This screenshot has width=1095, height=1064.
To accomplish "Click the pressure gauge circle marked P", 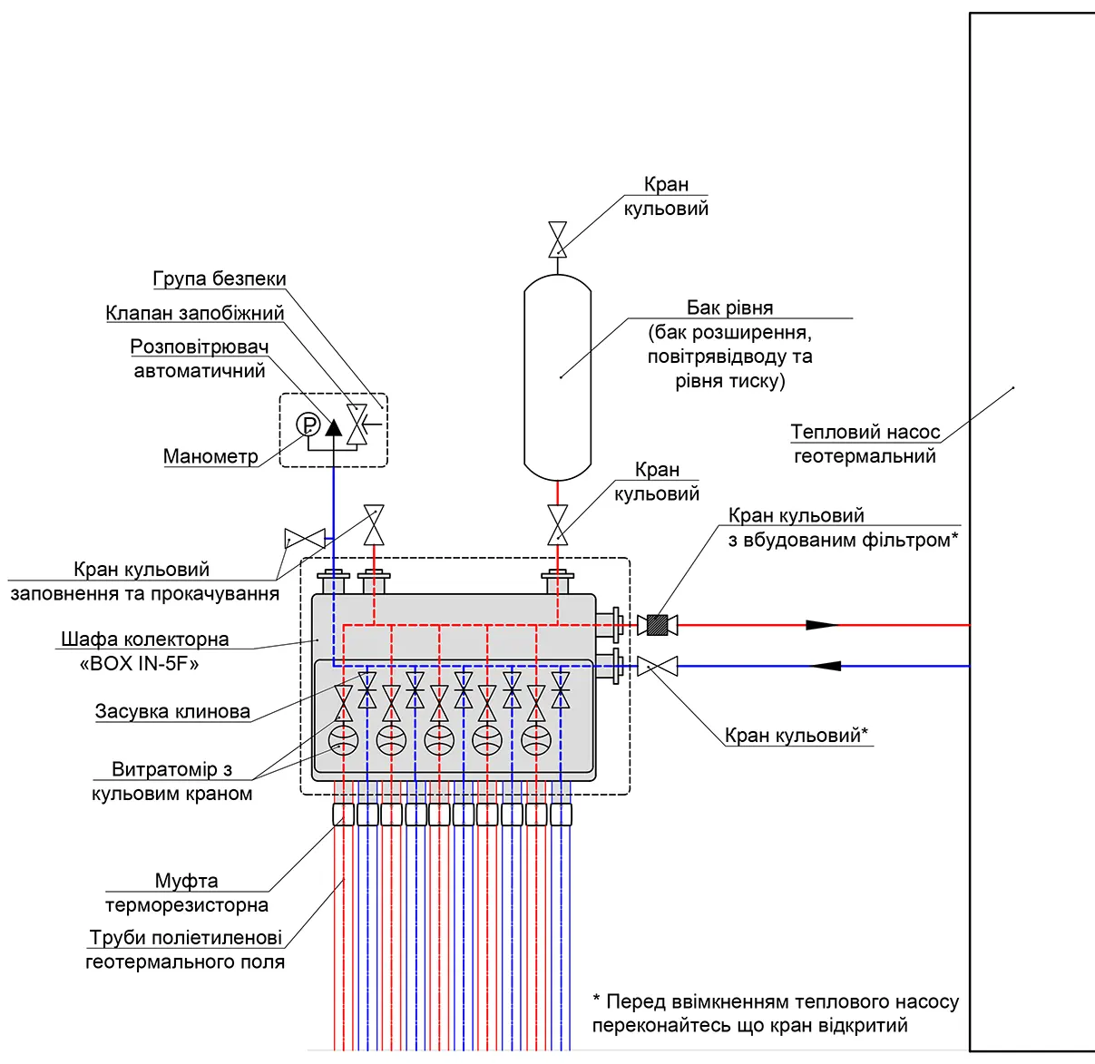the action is [x=308, y=425].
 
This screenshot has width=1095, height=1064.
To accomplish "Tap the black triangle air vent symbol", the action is [x=334, y=427].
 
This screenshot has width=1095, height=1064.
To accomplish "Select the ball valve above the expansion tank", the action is [x=557, y=239].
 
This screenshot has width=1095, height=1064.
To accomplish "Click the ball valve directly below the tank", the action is [x=557, y=524].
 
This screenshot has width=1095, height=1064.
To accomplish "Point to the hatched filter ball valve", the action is [x=657, y=625].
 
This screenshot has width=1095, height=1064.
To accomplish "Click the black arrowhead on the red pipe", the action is [x=822, y=625].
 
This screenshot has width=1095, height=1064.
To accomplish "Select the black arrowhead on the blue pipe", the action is [x=825, y=666].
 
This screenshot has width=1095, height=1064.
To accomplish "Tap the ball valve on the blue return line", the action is [x=657, y=666].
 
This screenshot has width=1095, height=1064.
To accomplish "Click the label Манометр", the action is [x=210, y=455].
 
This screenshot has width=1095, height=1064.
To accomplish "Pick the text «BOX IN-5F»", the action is [x=139, y=664].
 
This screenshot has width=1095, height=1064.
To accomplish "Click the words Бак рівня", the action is [x=729, y=307].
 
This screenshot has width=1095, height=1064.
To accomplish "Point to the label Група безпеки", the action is [x=220, y=278].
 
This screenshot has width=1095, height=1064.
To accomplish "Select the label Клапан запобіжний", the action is [x=195, y=313].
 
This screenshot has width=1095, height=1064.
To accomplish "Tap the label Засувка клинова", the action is [x=172, y=711].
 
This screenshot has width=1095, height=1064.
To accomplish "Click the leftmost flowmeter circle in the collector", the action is [x=343, y=739].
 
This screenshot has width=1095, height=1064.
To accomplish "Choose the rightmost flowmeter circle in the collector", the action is [x=535, y=739].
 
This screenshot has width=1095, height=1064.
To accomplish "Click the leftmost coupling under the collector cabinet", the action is [x=343, y=815].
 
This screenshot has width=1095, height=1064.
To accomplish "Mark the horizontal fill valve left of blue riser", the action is [x=305, y=539].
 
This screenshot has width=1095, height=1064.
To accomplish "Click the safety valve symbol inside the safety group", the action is [x=357, y=425].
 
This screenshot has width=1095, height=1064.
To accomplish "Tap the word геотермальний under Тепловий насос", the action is [x=865, y=455].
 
